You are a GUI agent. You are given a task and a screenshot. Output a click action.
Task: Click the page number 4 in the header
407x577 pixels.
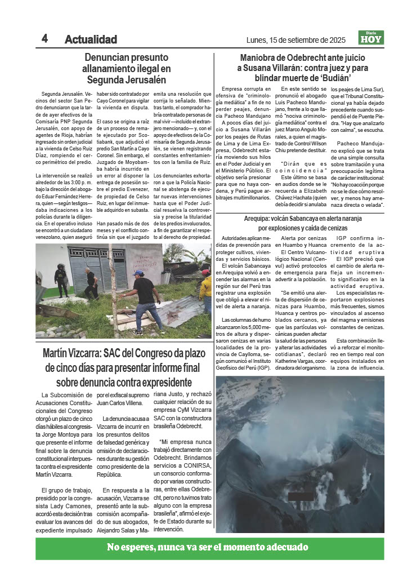[x=44, y=38]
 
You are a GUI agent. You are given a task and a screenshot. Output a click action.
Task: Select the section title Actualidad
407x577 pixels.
[x=91, y=39]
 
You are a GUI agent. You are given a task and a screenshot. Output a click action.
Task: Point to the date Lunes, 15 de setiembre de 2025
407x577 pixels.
[x=296, y=40]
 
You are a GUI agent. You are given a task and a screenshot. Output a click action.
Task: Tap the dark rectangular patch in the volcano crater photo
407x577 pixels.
[x=300, y=496]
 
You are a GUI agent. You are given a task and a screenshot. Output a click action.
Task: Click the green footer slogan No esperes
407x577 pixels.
[x=208, y=547]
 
